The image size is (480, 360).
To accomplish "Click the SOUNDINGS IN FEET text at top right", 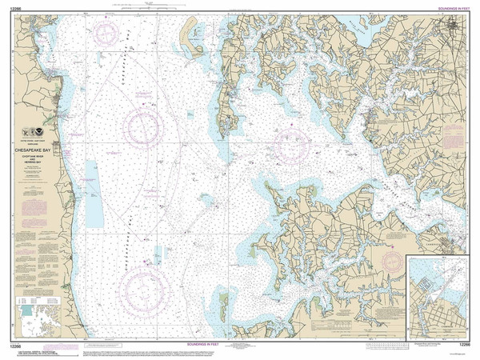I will tap(451, 7).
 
